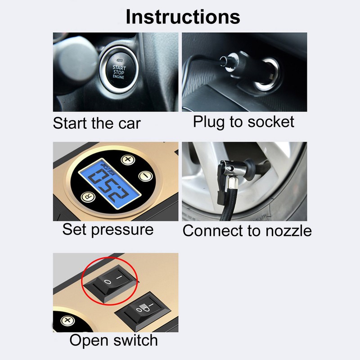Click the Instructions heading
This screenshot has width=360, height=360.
tap(183, 17)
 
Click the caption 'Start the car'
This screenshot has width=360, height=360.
tap(97, 123)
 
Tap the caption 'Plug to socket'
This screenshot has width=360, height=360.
tap(243, 121)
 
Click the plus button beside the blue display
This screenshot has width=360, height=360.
tap(128, 160)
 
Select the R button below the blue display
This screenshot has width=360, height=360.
tap(85, 196)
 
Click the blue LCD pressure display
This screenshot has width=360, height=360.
tap(107, 180)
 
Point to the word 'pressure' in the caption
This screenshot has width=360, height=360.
tap(122, 229)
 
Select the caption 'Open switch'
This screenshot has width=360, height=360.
tap(113, 341)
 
